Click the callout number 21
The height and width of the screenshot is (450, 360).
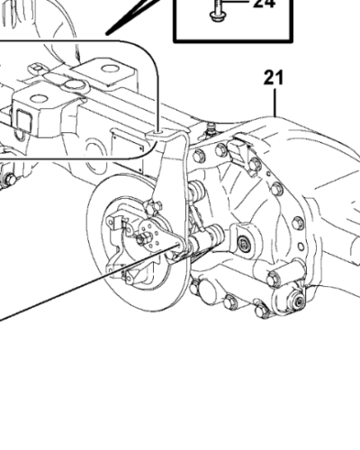(x=274, y=77)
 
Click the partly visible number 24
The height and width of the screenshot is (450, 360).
(x=264, y=4)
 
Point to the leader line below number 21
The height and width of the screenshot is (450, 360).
(x=274, y=102)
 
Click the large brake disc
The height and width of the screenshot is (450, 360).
(x=138, y=242)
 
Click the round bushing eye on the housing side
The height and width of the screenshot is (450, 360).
(x=243, y=244)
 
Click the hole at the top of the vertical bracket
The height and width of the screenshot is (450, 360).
(x=158, y=132)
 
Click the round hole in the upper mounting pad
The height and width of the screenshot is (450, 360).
(x=110, y=68)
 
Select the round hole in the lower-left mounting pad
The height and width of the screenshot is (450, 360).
(x=38, y=98)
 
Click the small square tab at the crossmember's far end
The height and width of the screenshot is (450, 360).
(x=37, y=68)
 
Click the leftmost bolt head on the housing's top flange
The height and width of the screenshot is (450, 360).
(x=199, y=157)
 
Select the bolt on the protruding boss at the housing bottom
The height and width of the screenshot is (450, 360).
(x=274, y=279)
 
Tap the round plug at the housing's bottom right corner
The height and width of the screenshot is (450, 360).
(x=298, y=301)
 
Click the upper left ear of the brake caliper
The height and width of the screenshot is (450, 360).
(x=112, y=221)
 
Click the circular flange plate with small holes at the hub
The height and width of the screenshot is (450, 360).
(x=152, y=236)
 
